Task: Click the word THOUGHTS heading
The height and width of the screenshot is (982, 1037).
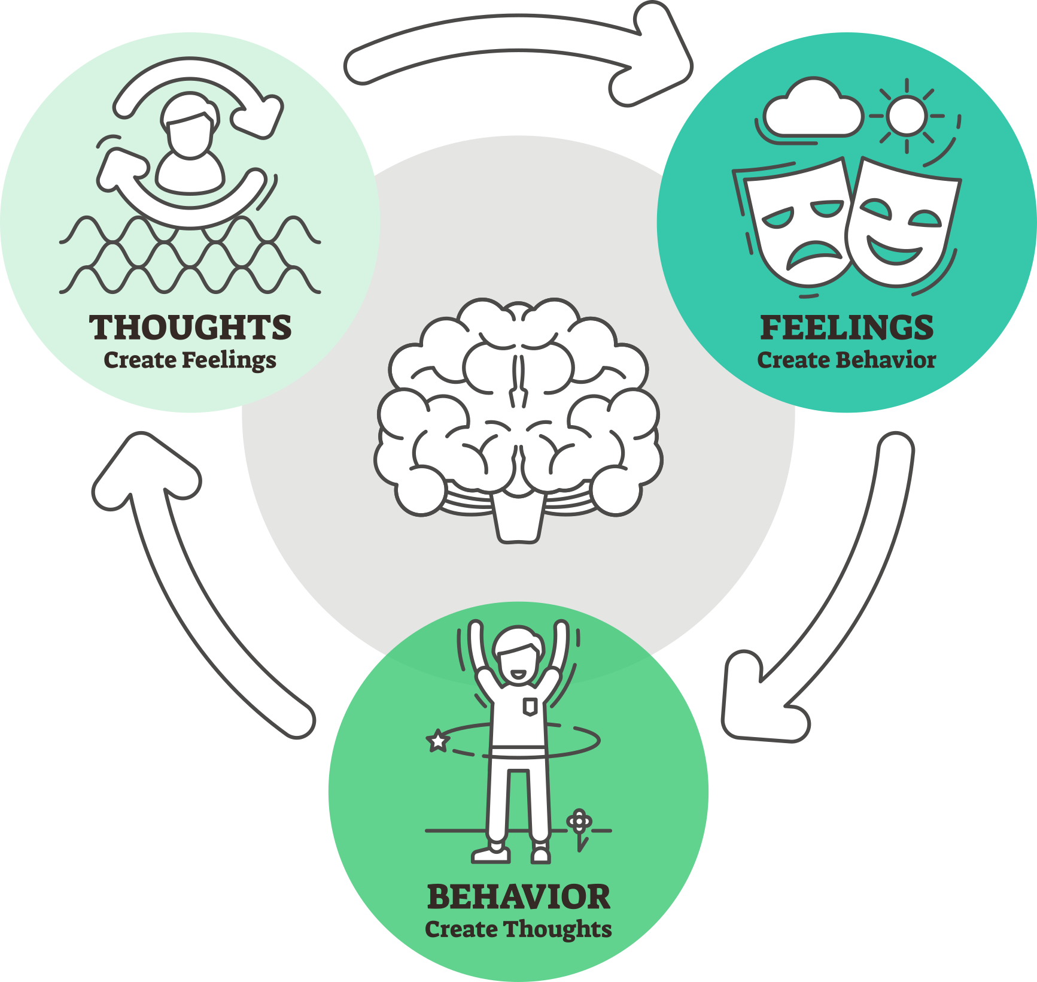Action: pos(190,328)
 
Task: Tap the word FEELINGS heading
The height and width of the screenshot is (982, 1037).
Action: pos(847,328)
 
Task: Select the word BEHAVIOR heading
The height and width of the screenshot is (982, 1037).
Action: pos(519,897)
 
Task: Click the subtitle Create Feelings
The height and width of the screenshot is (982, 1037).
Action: pos(190,360)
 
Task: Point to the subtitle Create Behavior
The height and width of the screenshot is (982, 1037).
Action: pos(846,360)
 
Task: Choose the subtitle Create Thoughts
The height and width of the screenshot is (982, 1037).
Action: pos(518,929)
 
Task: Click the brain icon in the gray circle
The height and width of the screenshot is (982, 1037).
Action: pos(518,407)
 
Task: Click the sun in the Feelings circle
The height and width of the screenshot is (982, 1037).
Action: pos(906,116)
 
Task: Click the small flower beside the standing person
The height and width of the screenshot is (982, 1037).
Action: pos(579,822)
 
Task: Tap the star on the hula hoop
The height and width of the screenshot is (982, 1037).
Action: pos(438,741)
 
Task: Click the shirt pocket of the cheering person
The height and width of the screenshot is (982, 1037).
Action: pos(530,707)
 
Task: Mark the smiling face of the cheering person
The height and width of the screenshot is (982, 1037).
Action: pos(518,662)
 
